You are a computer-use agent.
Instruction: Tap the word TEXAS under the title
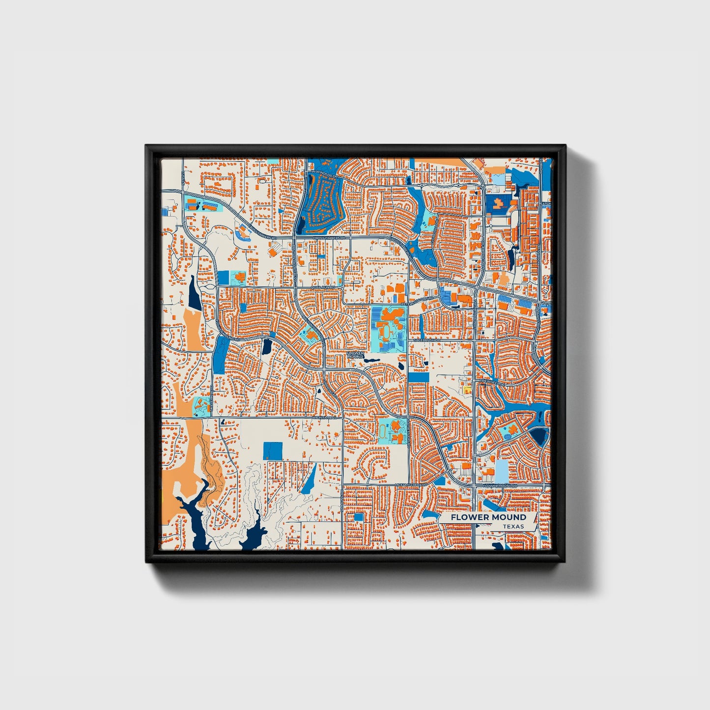click(x=513, y=527)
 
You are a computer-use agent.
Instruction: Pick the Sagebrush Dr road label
click(x=425, y=340)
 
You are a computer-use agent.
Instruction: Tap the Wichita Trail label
click(x=323, y=418)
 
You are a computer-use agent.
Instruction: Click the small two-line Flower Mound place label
click(x=355, y=354)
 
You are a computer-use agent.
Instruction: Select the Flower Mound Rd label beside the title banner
click(x=500, y=485)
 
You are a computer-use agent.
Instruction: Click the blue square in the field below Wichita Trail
click(x=273, y=451)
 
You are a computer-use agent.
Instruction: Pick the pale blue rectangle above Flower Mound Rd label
click(x=501, y=470)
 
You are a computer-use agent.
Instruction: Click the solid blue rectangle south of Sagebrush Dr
click(x=418, y=377)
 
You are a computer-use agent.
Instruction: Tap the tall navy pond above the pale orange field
click(x=194, y=294)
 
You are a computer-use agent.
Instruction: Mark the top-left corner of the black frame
click(x=146, y=145)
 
